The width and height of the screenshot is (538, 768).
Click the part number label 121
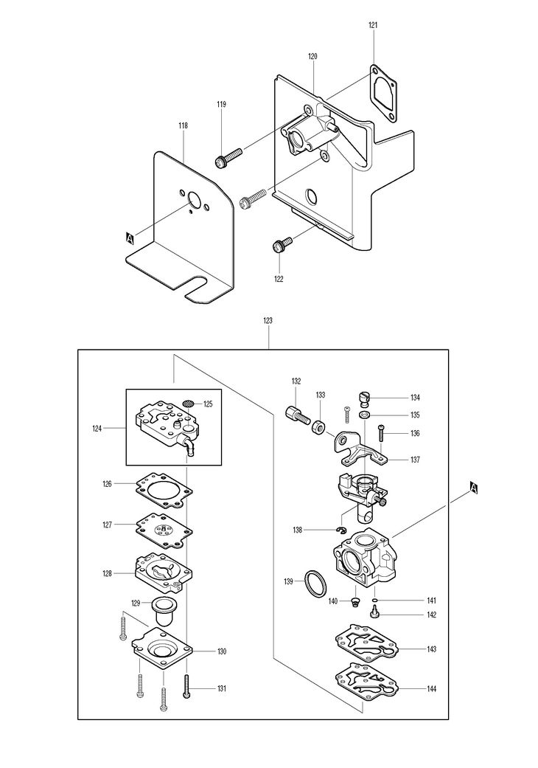373,25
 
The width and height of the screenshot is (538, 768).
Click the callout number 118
184,126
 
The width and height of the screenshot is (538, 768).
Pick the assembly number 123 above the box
268,321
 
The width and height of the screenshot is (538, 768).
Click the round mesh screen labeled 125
188,404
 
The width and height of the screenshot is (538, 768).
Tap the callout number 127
107,525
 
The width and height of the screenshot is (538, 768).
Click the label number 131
221,689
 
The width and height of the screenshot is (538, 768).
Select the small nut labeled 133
318,426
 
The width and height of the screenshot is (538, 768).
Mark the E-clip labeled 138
341,529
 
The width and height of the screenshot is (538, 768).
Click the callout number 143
431,649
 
